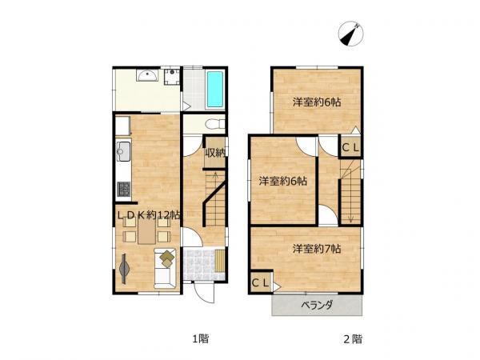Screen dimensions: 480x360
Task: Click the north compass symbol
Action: click(x=351, y=34)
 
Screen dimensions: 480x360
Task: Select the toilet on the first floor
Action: click(x=215, y=124)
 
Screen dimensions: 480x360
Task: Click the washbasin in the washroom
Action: click(x=147, y=75)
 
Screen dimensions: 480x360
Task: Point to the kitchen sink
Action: click(x=124, y=151)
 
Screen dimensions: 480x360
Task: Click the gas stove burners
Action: click(x=124, y=190)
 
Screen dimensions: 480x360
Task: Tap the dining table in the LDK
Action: click(x=146, y=231)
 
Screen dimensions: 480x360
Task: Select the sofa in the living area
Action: click(x=165, y=269)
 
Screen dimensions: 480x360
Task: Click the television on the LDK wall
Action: click(x=124, y=269)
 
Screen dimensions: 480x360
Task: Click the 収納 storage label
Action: click(x=215, y=153)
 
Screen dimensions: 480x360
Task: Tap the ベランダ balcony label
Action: click(x=317, y=306)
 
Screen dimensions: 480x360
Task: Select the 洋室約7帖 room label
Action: click(x=317, y=249)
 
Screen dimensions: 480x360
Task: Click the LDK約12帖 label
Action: click(x=149, y=215)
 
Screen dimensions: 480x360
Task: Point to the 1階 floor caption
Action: click(x=201, y=339)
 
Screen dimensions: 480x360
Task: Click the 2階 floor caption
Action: click(x=353, y=339)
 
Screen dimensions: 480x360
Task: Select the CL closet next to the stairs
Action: click(x=350, y=147)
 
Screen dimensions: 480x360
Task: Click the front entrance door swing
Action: click(x=203, y=292)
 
